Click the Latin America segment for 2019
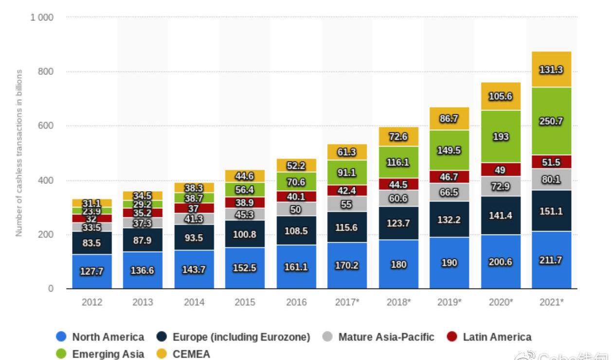point(449,177)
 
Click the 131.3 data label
point(551,70)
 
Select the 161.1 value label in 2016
point(296,267)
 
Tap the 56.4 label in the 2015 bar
point(245,190)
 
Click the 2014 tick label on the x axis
point(194,302)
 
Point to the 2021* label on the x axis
point(551,302)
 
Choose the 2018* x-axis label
point(398,302)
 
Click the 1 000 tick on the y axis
point(42,18)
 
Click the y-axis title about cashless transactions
point(19,153)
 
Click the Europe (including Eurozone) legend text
point(241,337)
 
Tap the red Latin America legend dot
point(452,337)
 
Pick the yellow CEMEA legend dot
point(162,354)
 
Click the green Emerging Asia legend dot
point(61,354)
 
